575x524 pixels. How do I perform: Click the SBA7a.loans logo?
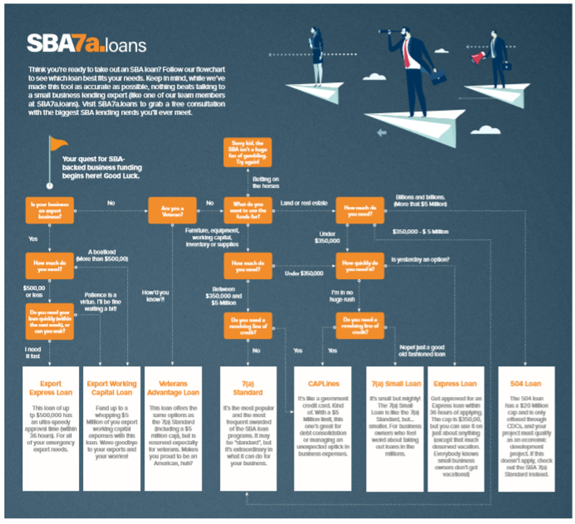click(x=87, y=44)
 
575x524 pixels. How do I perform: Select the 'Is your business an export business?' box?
click(x=50, y=210)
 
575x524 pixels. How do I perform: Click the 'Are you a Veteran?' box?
click(x=172, y=211)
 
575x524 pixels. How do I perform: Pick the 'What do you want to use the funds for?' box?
click(x=248, y=210)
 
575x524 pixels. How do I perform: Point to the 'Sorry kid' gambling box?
click(x=248, y=152)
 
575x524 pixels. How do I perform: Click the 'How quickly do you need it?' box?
click(x=360, y=266)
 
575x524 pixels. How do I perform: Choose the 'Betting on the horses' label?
click(x=266, y=182)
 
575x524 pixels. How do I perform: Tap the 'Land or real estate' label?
click(x=304, y=203)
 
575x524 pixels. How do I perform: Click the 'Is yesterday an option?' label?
click(x=420, y=260)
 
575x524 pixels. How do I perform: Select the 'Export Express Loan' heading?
click(x=51, y=388)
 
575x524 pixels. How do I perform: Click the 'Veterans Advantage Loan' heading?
click(x=173, y=388)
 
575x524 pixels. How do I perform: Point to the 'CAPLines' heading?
click(x=324, y=384)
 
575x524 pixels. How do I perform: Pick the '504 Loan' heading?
click(x=526, y=384)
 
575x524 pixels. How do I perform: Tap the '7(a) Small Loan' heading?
click(x=396, y=384)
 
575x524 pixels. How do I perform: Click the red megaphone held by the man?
click(x=478, y=58)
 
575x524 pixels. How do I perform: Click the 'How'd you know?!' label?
click(x=155, y=296)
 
